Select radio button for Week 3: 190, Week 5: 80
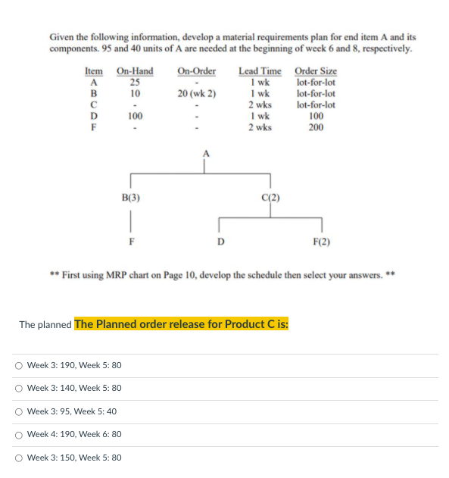pyautogui.click(x=18, y=365)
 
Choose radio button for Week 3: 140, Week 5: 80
pyautogui.click(x=18, y=388)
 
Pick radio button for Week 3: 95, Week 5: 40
pyautogui.click(x=18, y=411)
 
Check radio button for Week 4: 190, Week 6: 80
pyautogui.click(x=18, y=434)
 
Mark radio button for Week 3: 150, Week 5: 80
pyautogui.click(x=18, y=458)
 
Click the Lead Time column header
pyautogui.click(x=260, y=71)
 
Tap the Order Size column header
pyautogui.click(x=316, y=71)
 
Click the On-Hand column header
pyautogui.click(x=134, y=71)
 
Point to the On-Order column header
pyautogui.click(x=197, y=71)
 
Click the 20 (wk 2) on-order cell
pyautogui.click(x=197, y=94)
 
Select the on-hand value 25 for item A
pyautogui.click(x=134, y=83)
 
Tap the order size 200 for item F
pyautogui.click(x=316, y=127)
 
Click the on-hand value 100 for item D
pyautogui.click(x=135, y=116)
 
